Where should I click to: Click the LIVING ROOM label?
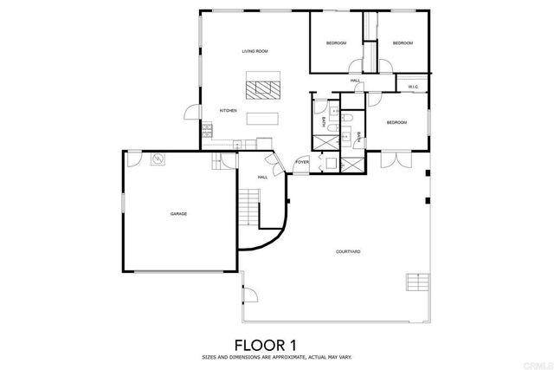254,52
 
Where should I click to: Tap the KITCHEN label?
228,110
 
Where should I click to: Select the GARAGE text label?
178,213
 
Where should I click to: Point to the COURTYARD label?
348,251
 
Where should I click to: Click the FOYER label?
302,162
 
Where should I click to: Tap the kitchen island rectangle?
262,119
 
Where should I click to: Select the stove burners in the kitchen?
207,132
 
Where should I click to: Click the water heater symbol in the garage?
158,159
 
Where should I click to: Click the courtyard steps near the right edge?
417,282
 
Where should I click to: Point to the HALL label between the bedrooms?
355,81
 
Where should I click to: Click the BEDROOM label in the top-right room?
402,43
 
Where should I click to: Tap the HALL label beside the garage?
261,178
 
